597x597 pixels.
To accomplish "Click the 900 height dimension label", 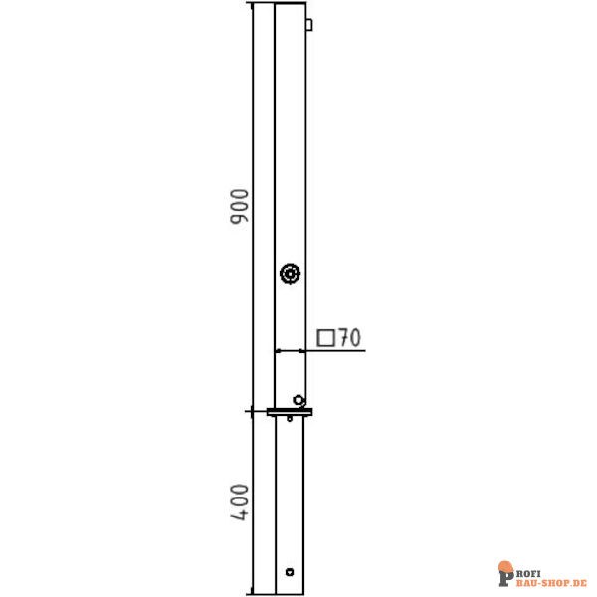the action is pos(240,206).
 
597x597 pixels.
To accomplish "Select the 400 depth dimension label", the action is pos(240,501).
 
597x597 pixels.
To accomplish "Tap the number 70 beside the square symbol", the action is pos(350,337).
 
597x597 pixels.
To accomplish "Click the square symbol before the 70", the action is pos(326,338).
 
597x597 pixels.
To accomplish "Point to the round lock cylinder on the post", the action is pos(291,273).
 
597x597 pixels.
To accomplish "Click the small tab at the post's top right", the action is pos(309,24).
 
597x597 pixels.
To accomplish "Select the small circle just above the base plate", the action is pos(298,400).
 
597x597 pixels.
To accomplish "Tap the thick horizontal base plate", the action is pos(290,412).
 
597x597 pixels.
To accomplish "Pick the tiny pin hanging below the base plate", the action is pos(290,419).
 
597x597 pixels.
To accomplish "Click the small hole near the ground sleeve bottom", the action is pos(290,572).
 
